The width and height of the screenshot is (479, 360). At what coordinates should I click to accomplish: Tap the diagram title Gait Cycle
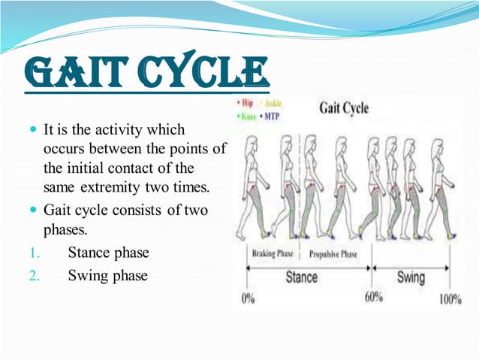point(344,107)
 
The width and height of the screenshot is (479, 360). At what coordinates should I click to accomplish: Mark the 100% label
point(450,299)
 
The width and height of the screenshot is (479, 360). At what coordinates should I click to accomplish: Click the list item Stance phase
point(108,252)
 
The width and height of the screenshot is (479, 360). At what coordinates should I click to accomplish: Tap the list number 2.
point(33,276)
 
